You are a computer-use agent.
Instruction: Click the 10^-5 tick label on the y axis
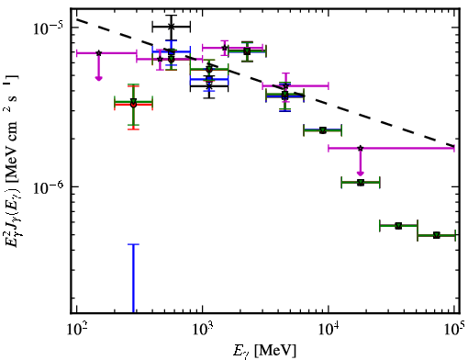click(x=49, y=28)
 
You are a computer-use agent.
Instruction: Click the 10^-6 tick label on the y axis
click(x=49, y=187)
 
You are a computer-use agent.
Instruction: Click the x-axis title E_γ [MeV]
click(x=264, y=351)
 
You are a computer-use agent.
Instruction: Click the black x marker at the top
click(x=172, y=27)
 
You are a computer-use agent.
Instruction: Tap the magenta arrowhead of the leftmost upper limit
click(x=98, y=78)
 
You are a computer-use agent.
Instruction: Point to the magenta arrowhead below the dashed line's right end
click(x=361, y=174)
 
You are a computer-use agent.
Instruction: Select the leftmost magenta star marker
click(x=98, y=53)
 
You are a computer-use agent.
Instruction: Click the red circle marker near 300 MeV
click(x=133, y=105)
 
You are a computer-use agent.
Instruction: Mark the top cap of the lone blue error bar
click(x=133, y=244)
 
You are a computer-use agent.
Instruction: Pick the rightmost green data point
click(x=437, y=235)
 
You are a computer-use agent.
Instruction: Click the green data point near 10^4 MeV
click(x=323, y=130)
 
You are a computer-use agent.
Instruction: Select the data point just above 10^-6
click(x=361, y=183)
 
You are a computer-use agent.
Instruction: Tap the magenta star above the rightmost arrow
click(x=361, y=148)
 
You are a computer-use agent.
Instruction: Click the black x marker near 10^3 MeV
click(x=209, y=86)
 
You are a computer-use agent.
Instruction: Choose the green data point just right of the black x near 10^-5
click(x=172, y=59)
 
